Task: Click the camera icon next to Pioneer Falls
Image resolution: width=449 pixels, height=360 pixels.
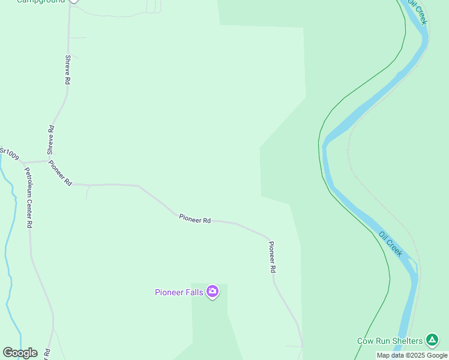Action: (212, 292)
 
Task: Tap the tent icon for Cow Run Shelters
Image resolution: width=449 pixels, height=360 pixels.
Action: (432, 340)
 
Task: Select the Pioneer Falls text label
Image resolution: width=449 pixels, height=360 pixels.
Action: (179, 293)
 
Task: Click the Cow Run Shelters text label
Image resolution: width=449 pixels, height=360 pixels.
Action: (390, 341)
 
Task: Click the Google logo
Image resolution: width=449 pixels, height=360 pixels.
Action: (20, 353)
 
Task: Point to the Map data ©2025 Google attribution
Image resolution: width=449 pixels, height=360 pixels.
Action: (412, 355)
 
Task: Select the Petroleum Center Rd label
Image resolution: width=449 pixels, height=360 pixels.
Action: (28, 197)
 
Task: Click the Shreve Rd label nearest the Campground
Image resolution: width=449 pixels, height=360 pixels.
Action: (68, 70)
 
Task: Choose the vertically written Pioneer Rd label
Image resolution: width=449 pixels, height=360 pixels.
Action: (272, 257)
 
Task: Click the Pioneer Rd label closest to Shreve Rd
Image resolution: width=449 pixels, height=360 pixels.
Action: (60, 173)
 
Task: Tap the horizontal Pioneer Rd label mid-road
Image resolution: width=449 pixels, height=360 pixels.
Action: (194, 219)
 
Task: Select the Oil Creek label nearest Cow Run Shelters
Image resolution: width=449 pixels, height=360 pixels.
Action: (391, 244)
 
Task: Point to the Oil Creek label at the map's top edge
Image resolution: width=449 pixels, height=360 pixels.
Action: (418, 11)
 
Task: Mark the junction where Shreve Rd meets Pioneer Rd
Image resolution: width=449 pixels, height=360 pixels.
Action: (47, 160)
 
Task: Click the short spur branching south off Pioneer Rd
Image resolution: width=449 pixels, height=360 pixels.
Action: (88, 192)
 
